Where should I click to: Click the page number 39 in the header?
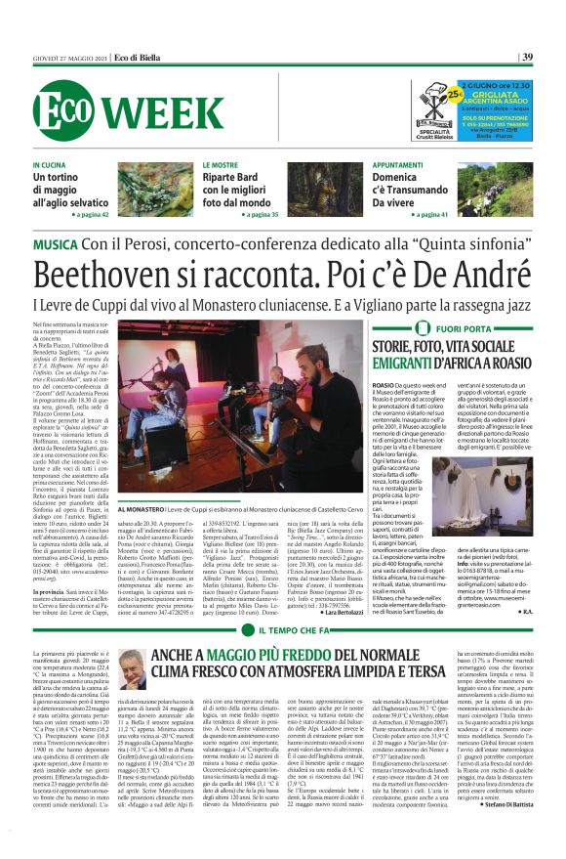(527, 58)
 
